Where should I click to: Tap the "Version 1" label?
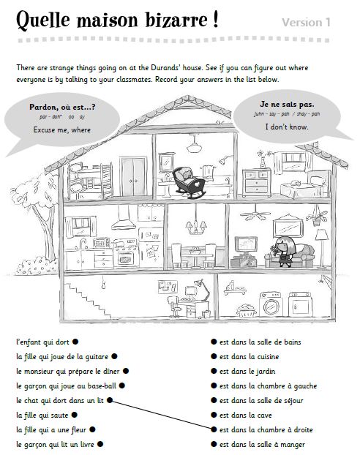coord(306,23)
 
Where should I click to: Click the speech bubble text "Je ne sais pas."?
coord(286,105)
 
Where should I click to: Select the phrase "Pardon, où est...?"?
coord(62,108)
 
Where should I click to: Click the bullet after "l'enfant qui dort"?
coord(75,342)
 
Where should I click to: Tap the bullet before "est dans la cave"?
coord(213,415)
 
